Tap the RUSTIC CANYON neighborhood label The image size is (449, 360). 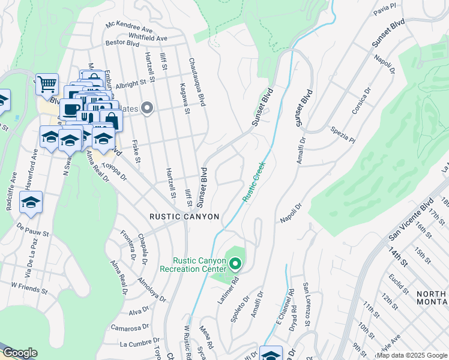click(x=184, y=217)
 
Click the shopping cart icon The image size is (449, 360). click(x=46, y=84)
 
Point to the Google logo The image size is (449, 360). click(x=19, y=353)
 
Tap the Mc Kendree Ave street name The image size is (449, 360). click(x=129, y=27)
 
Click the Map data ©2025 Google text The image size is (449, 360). click(x=412, y=355)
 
